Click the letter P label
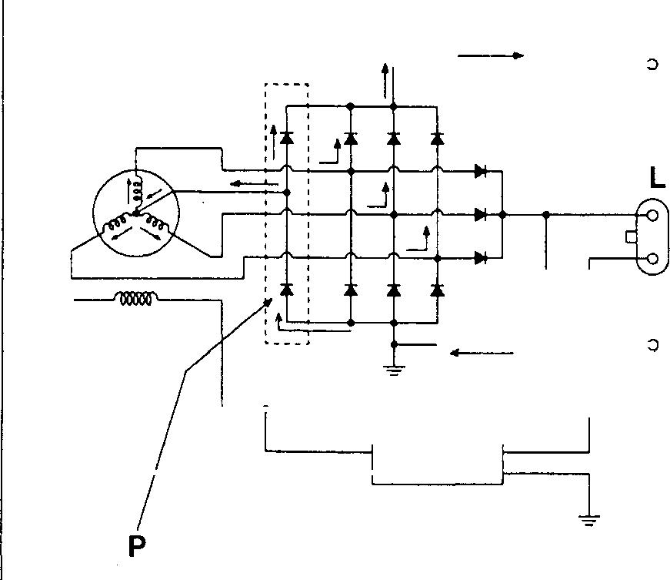[x=137, y=545]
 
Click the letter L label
[x=656, y=179]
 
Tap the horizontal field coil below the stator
[x=135, y=299]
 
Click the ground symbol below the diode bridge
[x=393, y=370]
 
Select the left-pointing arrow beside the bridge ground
[x=482, y=353]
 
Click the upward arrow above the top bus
[x=385, y=77]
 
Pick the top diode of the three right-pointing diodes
[x=482, y=171]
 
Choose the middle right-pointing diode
[x=482, y=213]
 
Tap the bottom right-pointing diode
[x=482, y=257]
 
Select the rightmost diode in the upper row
[x=437, y=139]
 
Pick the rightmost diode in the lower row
[x=437, y=290]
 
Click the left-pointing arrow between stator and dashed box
[x=254, y=184]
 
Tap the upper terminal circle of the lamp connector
[x=652, y=216]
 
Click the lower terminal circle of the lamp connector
[x=652, y=259]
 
